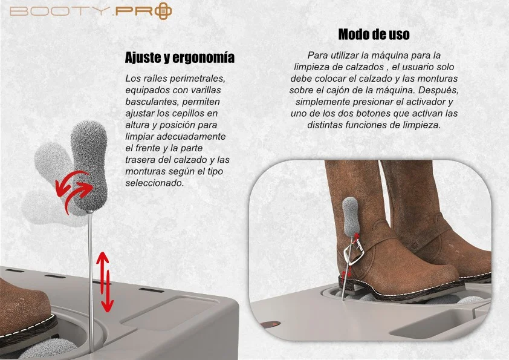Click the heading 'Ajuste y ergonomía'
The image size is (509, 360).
pyautogui.click(x=180, y=57)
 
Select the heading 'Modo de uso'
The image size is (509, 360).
pyautogui.click(x=374, y=34)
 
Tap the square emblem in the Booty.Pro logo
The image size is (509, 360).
pyautogui.click(x=163, y=11)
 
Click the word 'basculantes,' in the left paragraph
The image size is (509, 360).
pyautogui.click(x=151, y=102)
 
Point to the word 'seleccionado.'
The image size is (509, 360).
pyautogui.click(x=155, y=183)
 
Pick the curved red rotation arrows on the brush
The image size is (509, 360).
pyautogui.click(x=73, y=192)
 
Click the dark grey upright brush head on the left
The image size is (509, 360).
pyautogui.click(x=89, y=166)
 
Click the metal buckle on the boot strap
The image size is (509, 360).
pyautogui.click(x=353, y=252)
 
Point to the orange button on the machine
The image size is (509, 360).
pyautogui.click(x=271, y=324)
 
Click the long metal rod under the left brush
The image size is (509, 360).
pyautogui.click(x=91, y=282)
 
